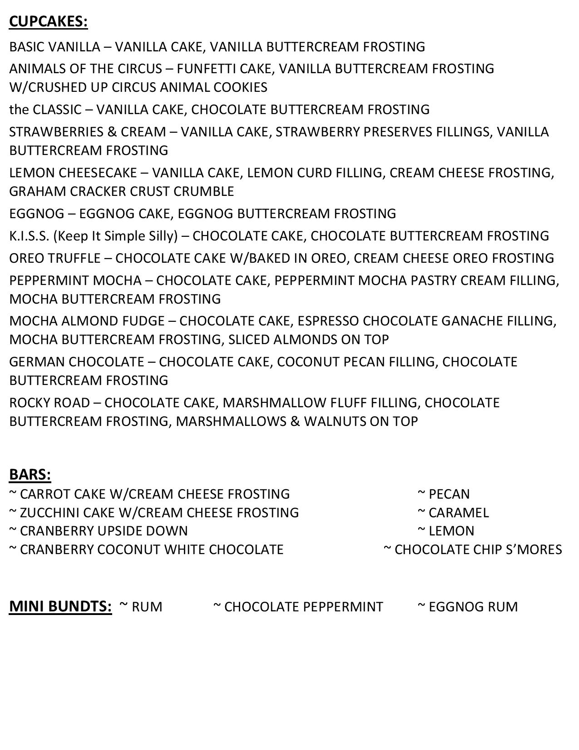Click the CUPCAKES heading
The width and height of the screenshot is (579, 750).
[x=48, y=21]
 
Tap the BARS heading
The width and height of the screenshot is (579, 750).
[x=30, y=474]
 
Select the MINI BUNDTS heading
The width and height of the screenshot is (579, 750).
[x=60, y=606]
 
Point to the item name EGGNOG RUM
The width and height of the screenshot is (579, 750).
[x=473, y=607]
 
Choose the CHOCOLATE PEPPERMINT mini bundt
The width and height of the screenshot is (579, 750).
[x=303, y=607]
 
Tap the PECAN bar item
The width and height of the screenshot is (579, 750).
[x=449, y=494]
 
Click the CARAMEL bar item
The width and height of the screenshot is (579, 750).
[x=458, y=512]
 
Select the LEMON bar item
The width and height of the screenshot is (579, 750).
[x=451, y=531]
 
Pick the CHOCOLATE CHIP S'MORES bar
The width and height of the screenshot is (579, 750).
[x=478, y=550]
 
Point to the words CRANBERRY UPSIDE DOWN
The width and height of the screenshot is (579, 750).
[x=104, y=531]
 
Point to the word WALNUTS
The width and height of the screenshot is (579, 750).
[x=335, y=421]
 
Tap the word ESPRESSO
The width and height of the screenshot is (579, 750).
[x=328, y=321]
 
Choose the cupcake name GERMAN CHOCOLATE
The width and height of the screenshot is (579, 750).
[x=76, y=362]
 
